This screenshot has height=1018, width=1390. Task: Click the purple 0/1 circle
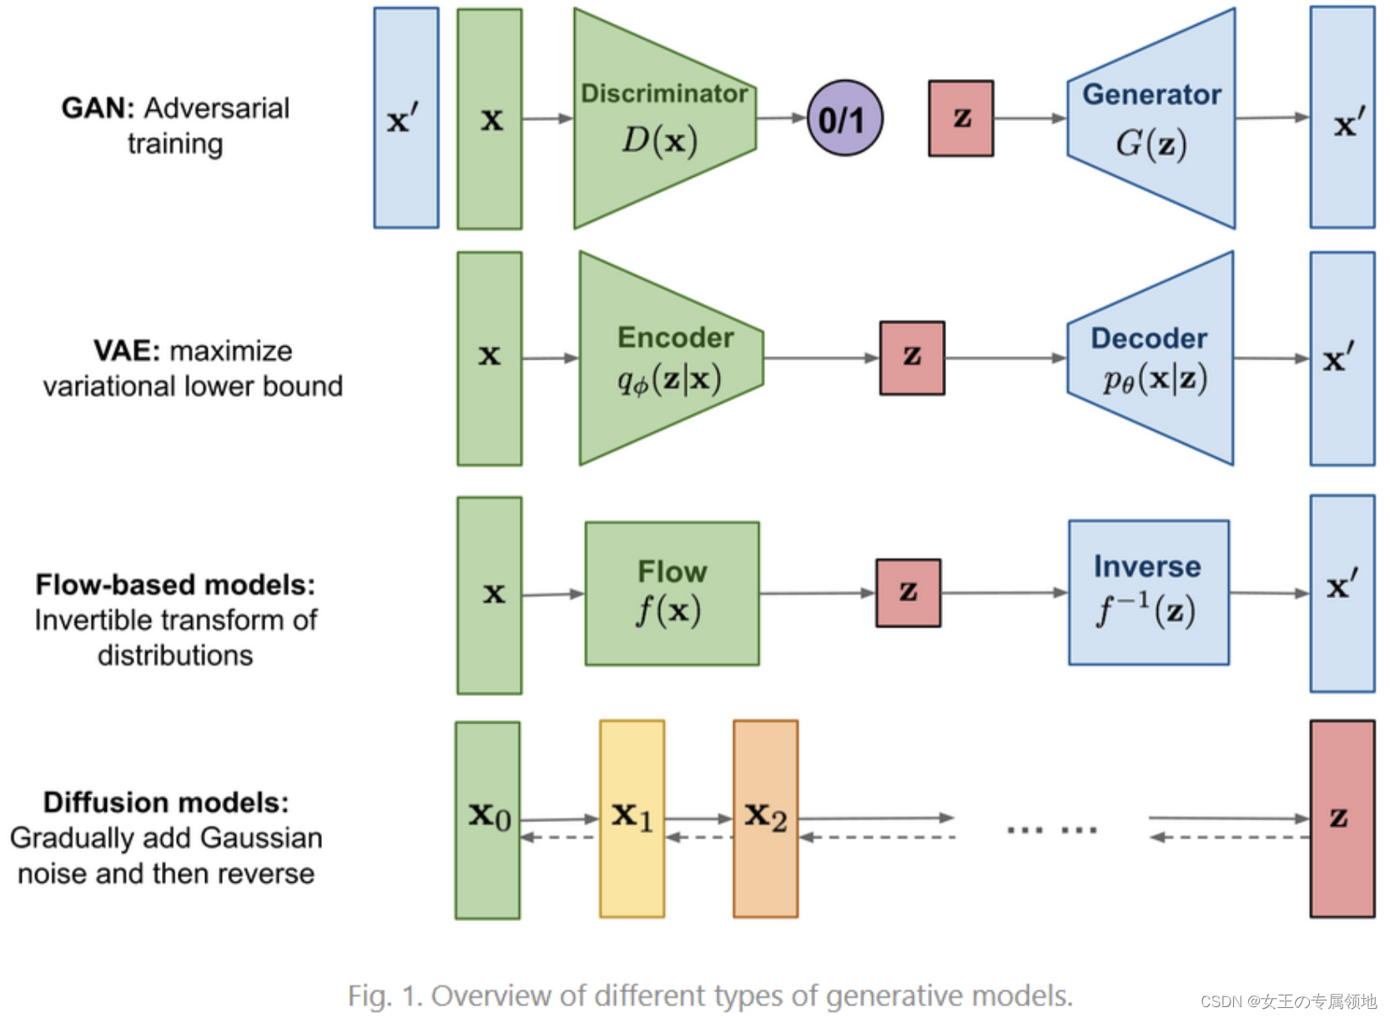[x=844, y=118]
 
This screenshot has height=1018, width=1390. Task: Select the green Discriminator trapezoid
[x=659, y=118]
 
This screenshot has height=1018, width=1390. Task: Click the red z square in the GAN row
[x=960, y=118]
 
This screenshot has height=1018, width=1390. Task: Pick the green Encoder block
[x=667, y=359]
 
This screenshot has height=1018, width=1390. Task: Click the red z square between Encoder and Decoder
[x=912, y=358]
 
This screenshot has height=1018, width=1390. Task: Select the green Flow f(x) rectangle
[x=672, y=593]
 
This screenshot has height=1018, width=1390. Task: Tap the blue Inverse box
[x=1148, y=592]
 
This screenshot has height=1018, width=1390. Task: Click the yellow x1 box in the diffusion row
[x=632, y=819]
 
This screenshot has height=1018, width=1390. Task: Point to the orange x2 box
[x=765, y=819]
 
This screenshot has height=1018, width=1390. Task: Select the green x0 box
[x=487, y=820]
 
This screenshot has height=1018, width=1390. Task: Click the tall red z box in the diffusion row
[x=1342, y=819]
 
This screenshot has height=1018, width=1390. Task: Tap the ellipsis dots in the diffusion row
[x=1051, y=829]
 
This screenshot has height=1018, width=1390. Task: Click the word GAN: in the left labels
[x=98, y=108]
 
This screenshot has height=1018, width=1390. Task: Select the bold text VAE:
[x=126, y=350]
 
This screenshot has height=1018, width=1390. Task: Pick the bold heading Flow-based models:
[x=175, y=584]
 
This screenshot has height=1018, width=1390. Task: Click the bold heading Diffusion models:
[x=166, y=802]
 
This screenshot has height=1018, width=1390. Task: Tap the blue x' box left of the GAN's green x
[x=406, y=118]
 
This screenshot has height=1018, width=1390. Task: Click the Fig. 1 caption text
[x=710, y=995]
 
